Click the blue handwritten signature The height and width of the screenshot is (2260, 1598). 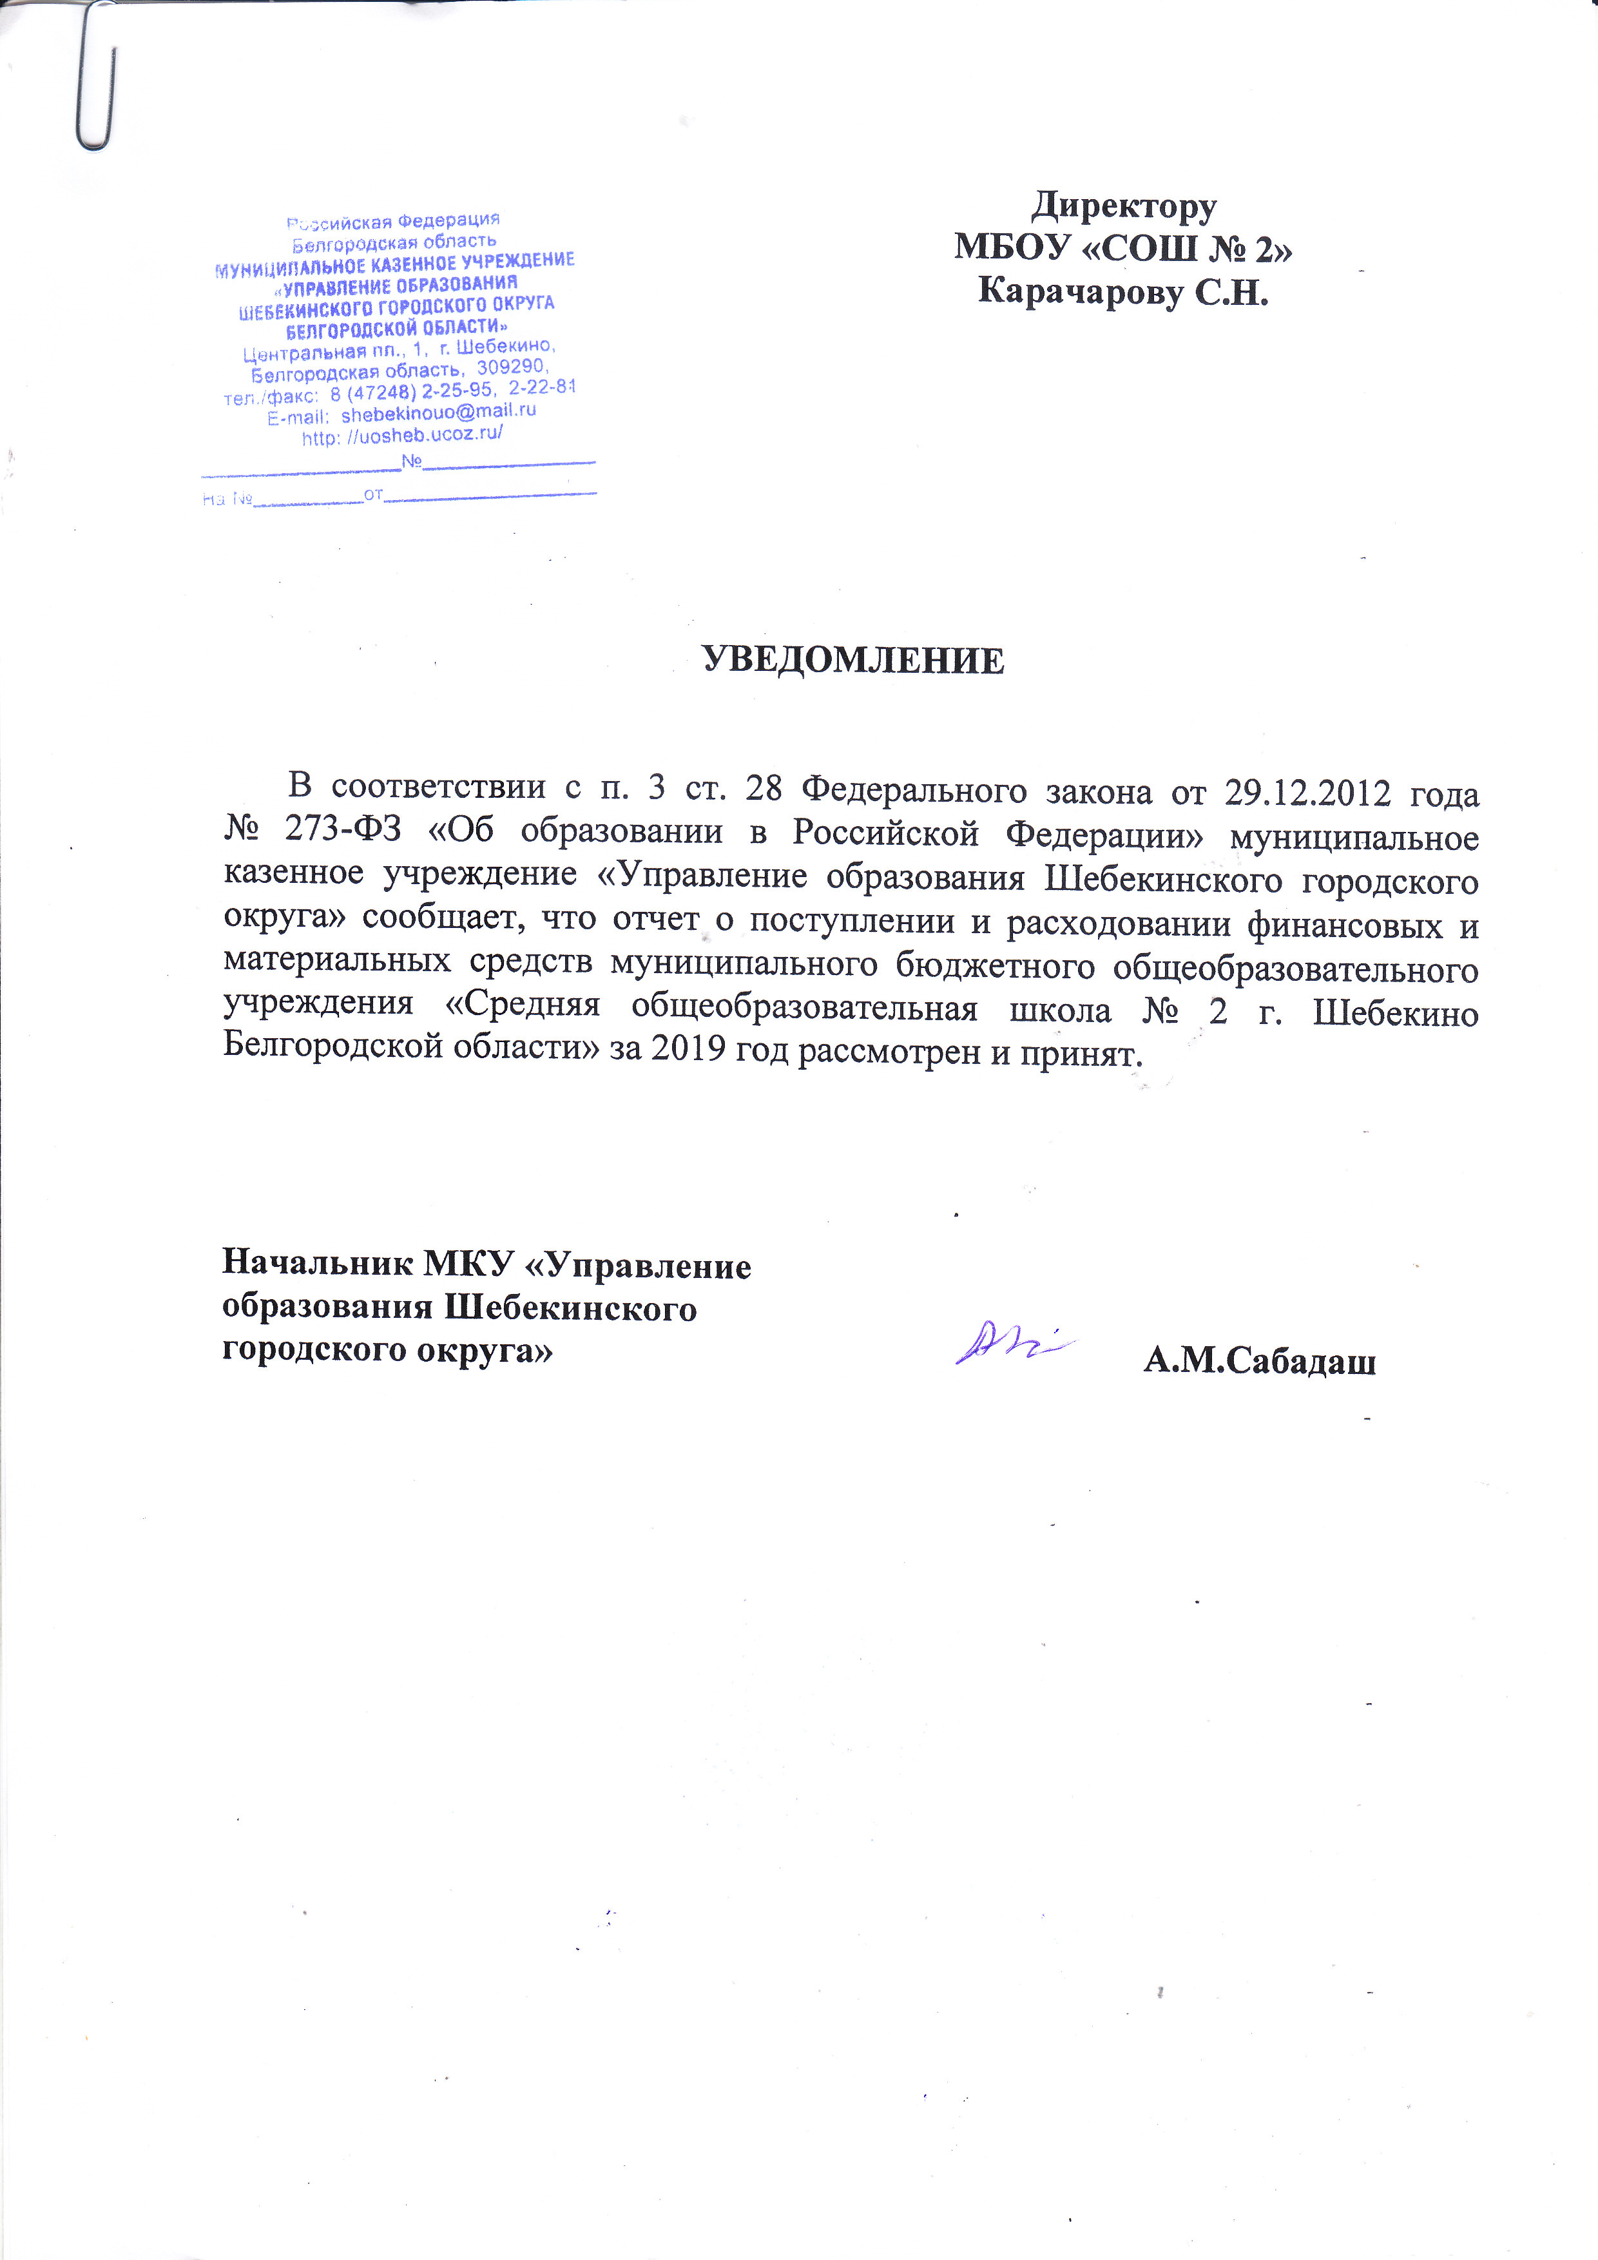pos(1014,1340)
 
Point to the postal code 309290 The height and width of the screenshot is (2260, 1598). pos(512,367)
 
